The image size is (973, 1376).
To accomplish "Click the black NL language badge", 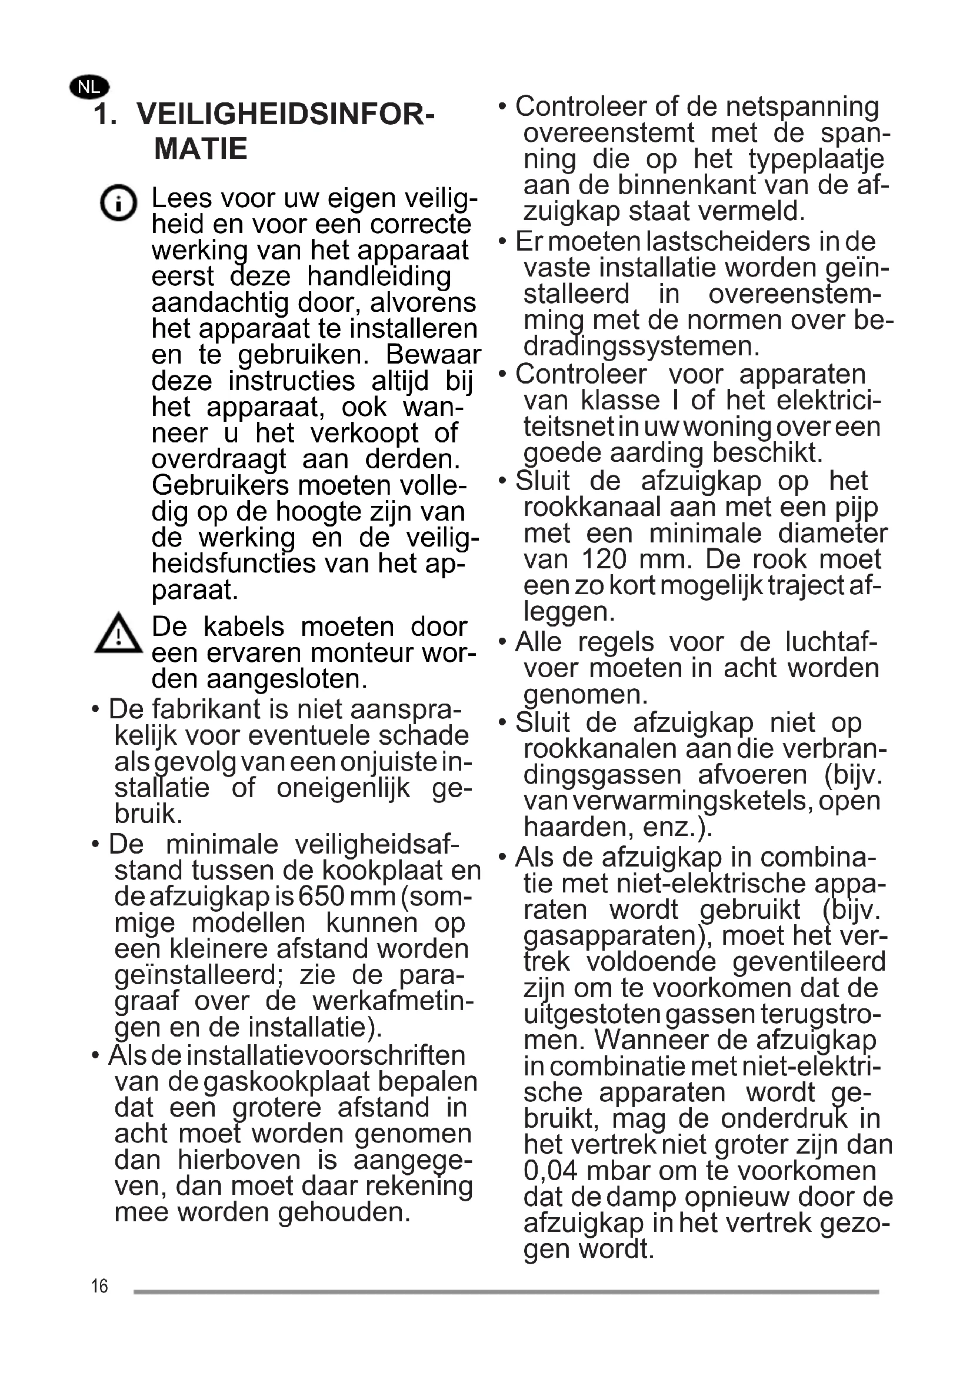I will click(x=89, y=88).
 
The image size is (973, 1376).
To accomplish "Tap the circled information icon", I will click(x=118, y=202).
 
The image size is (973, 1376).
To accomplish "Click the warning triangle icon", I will click(x=118, y=633).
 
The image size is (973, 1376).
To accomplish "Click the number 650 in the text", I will click(x=321, y=897).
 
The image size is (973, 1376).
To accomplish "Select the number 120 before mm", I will click(x=604, y=559).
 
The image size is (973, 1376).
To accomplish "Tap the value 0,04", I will click(x=549, y=1171).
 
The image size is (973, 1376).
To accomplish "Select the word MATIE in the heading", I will click(x=201, y=149).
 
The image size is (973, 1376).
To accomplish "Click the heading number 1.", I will click(x=105, y=114).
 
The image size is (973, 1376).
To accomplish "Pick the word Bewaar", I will click(x=433, y=355).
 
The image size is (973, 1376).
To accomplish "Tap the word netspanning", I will click(x=802, y=106).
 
